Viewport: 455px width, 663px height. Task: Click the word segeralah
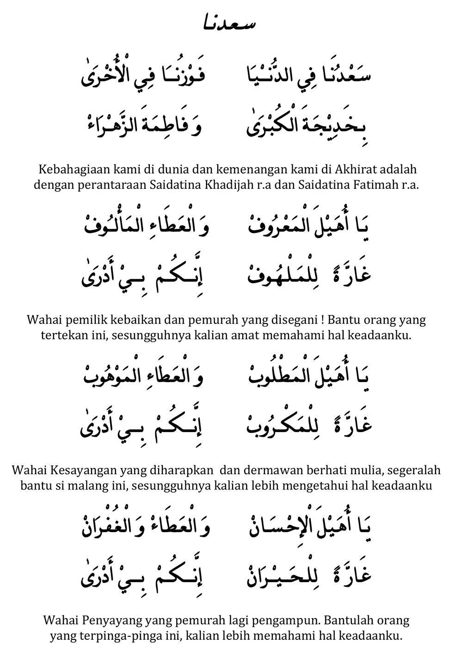coord(413,471)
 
